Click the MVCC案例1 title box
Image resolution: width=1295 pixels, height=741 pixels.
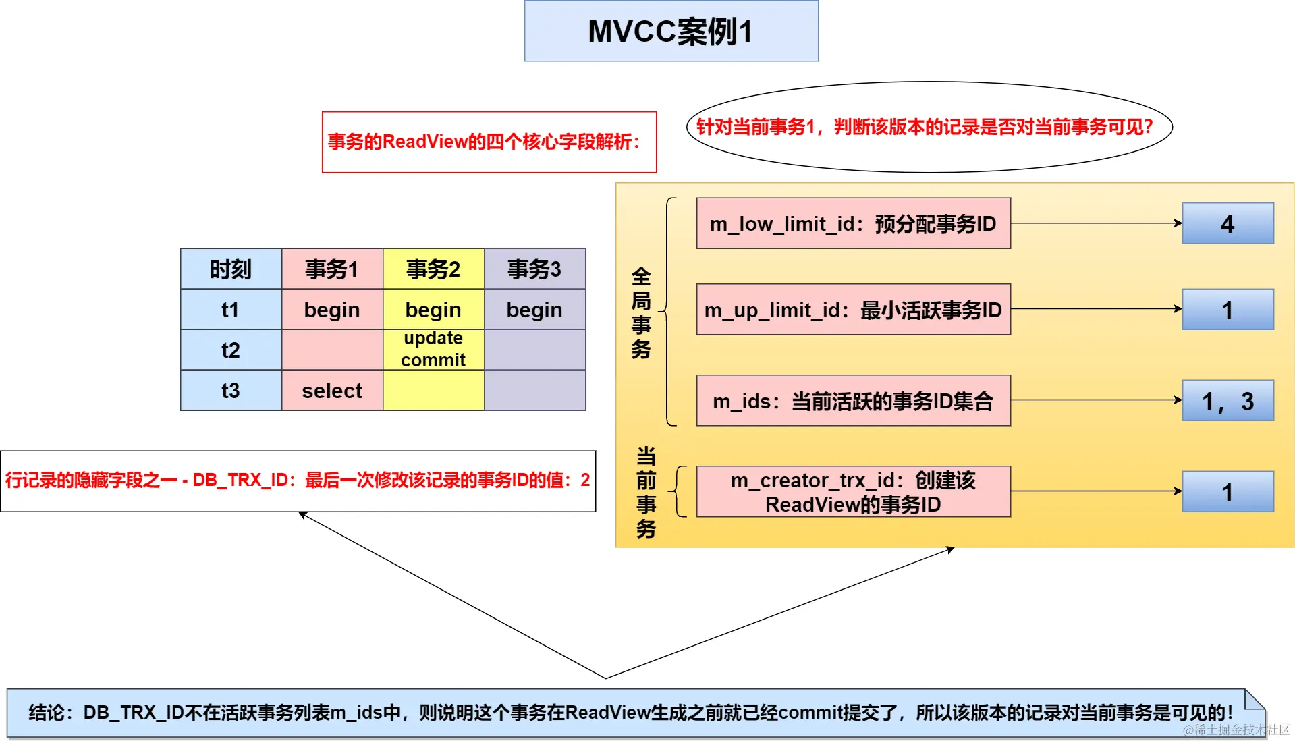671,31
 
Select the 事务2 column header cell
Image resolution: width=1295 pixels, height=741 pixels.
433,269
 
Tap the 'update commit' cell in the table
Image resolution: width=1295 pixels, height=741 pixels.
433,349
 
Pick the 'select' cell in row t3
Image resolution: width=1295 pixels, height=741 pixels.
332,390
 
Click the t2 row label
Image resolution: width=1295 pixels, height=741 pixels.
231,350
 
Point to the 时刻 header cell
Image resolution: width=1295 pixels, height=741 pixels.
231,269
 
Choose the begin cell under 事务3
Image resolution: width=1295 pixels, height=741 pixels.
534,310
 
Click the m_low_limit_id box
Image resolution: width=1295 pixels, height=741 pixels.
853,223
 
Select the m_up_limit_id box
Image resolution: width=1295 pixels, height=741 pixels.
853,310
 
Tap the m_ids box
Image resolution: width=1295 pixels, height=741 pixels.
853,401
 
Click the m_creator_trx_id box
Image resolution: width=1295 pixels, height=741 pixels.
853,492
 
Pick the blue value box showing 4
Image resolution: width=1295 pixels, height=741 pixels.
1228,223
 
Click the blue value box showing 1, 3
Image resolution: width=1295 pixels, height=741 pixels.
1228,401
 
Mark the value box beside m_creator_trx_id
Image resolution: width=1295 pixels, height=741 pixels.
1228,492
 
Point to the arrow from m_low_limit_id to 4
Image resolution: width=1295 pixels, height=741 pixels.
1096,223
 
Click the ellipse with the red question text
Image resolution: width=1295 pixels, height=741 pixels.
929,127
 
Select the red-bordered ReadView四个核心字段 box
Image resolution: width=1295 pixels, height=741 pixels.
489,142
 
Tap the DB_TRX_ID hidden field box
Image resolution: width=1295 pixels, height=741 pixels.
298,481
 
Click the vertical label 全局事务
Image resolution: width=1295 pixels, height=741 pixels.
641,312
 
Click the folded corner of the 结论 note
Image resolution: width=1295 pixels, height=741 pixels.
1255,699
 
